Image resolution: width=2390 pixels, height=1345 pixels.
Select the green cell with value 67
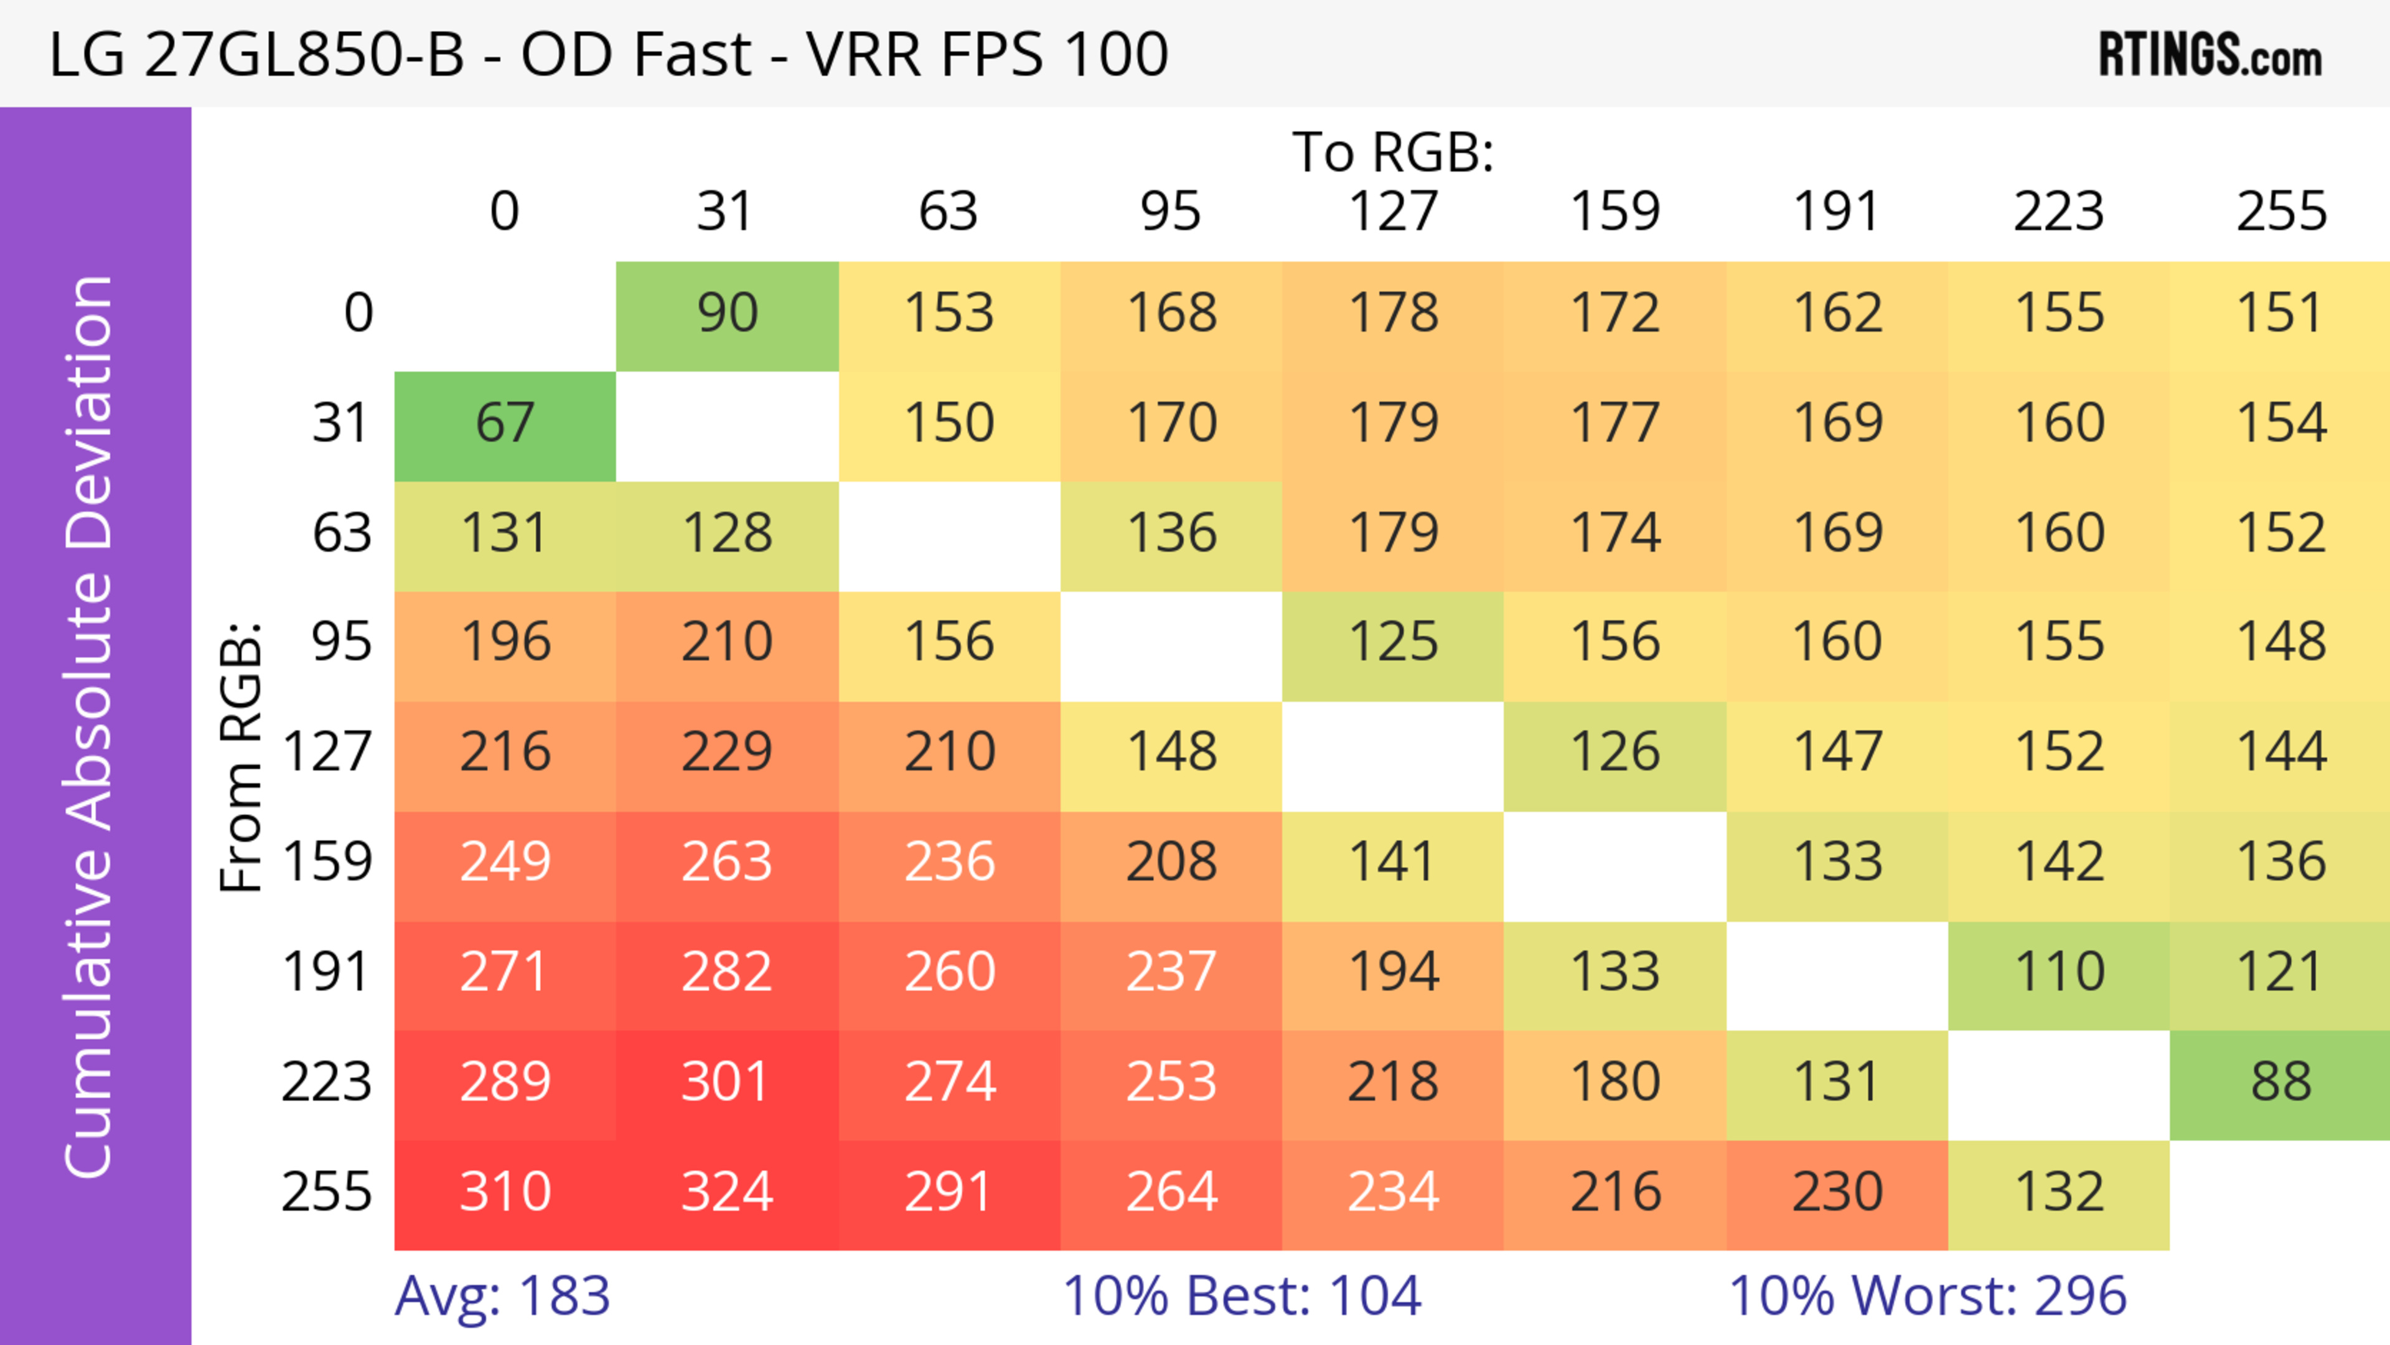click(505, 424)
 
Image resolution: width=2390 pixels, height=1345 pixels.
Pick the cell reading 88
click(2280, 1082)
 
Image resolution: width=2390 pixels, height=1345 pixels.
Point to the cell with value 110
click(2059, 973)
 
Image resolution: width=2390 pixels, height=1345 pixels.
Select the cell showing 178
click(1393, 314)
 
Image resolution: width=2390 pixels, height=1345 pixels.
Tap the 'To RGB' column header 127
click(1393, 212)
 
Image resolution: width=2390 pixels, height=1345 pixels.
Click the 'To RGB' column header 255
click(2280, 212)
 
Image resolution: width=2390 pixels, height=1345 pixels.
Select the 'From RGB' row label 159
click(327, 863)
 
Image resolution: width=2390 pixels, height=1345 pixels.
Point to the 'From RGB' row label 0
click(358, 314)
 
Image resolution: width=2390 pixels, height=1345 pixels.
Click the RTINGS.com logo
click(2210, 55)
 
